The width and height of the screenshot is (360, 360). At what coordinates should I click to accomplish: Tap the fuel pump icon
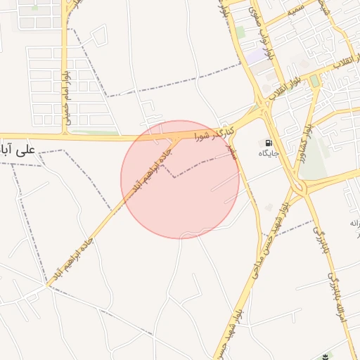(269, 143)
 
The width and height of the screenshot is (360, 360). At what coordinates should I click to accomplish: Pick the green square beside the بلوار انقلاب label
(314, 82)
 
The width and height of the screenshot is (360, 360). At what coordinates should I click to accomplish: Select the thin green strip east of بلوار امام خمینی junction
(95, 131)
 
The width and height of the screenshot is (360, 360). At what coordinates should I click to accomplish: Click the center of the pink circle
(180, 179)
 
